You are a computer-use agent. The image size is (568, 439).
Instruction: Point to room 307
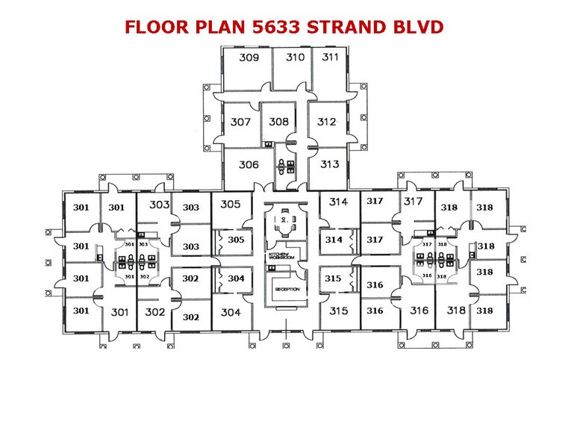pyautogui.click(x=240, y=122)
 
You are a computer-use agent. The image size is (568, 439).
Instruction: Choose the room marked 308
pyautogui.click(x=278, y=122)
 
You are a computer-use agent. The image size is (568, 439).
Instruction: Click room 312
pyautogui.click(x=327, y=122)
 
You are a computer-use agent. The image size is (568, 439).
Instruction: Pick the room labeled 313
pyautogui.click(x=328, y=164)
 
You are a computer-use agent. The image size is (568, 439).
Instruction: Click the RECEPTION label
pyautogui.click(x=287, y=289)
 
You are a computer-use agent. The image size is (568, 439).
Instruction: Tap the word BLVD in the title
pyautogui.click(x=419, y=28)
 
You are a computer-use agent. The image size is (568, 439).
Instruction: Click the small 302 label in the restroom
pyautogui.click(x=144, y=276)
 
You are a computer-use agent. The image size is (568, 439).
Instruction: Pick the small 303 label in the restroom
pyautogui.click(x=144, y=244)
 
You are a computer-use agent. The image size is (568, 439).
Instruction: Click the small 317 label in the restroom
pyautogui.click(x=428, y=244)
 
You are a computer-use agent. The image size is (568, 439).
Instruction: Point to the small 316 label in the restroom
pyautogui.click(x=428, y=275)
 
